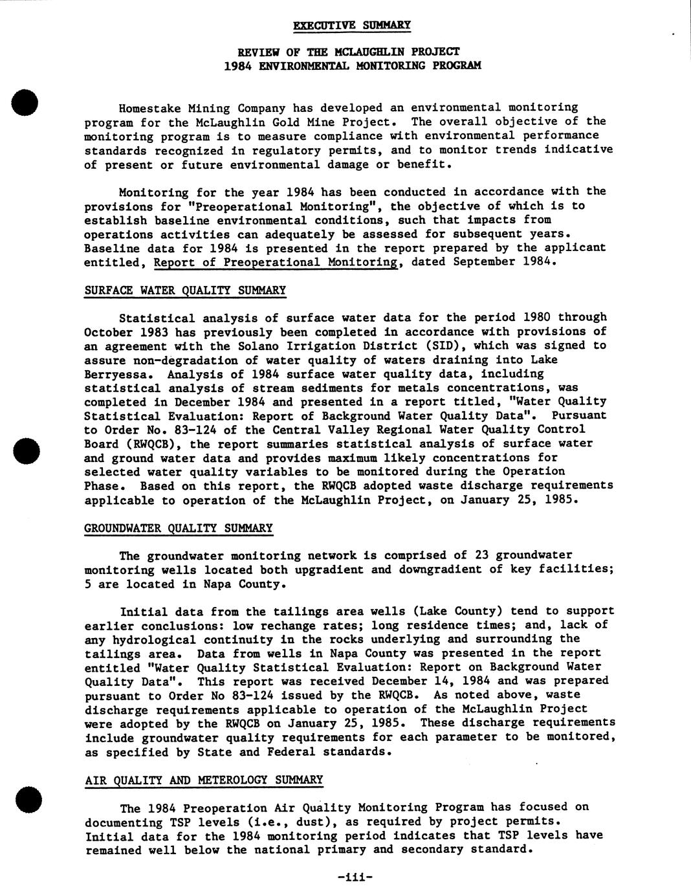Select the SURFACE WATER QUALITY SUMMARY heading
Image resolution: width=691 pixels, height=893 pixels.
click(x=185, y=290)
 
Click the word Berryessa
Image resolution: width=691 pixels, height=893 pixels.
click(x=118, y=374)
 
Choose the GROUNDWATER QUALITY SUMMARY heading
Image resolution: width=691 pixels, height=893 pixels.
click(x=179, y=528)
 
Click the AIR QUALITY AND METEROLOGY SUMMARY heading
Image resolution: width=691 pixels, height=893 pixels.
click(x=204, y=780)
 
